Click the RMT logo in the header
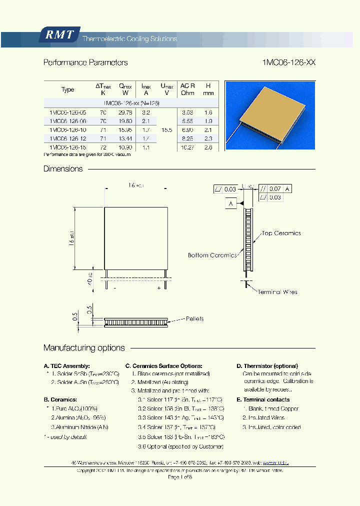[x=59, y=35]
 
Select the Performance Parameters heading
[x=85, y=62]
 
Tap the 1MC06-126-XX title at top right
[x=289, y=62]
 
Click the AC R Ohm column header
[x=187, y=89]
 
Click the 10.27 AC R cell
[x=187, y=148]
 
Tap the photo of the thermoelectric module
[x=270, y=115]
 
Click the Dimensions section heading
[x=63, y=169]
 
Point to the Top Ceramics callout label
[x=281, y=233]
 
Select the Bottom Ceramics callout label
[x=212, y=255]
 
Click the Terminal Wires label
[x=277, y=291]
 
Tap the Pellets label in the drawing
[x=194, y=318]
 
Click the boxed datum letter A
[x=230, y=203]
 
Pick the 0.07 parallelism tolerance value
[x=275, y=189]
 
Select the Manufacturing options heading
[x=84, y=348]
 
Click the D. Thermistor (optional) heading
[x=267, y=366]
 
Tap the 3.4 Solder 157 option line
[x=176, y=427]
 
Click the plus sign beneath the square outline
[x=158, y=288]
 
